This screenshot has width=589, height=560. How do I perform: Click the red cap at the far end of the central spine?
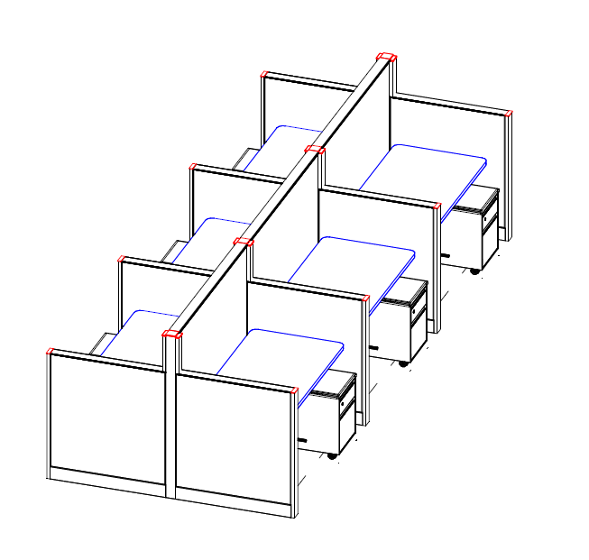[386, 58]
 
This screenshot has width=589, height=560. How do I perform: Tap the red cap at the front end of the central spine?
[171, 335]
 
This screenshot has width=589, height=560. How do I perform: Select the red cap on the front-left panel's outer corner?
[51, 351]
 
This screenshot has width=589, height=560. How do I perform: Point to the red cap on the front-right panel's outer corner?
[294, 390]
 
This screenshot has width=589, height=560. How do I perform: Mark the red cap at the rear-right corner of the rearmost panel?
[509, 114]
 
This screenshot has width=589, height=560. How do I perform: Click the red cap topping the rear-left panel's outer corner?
[264, 74]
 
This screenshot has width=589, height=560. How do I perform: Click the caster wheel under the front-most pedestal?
[332, 455]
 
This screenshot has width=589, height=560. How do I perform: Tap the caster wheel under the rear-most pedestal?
[475, 271]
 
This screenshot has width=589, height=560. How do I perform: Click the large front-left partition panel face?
[106, 415]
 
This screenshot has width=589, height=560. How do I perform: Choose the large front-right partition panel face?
[233, 436]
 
